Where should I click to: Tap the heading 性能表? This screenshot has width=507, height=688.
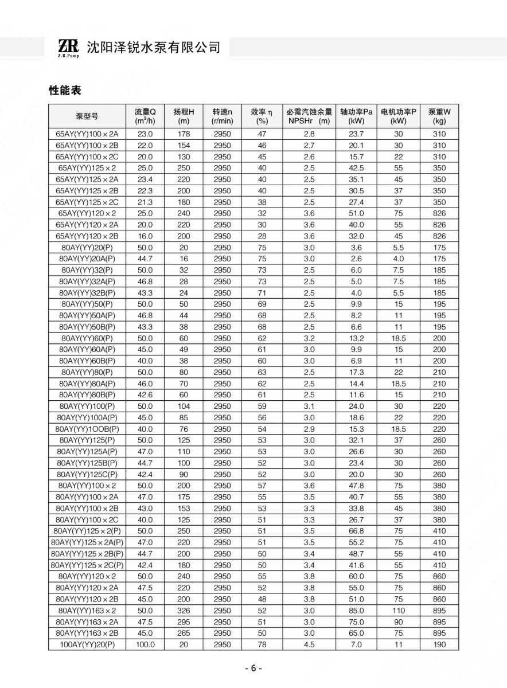[x=65, y=90]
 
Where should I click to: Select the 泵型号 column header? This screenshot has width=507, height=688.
[x=87, y=116]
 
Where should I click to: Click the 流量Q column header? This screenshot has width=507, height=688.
[x=145, y=116]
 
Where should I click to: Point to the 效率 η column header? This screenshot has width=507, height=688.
[x=262, y=116]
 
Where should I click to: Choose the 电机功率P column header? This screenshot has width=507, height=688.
[x=399, y=116]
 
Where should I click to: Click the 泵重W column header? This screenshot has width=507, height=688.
[x=439, y=116]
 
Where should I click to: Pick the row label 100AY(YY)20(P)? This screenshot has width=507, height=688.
[x=87, y=644]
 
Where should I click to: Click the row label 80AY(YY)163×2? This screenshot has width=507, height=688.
[x=87, y=611]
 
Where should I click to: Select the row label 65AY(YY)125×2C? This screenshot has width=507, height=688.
[x=87, y=202]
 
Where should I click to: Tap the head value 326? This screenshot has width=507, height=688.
[x=184, y=611]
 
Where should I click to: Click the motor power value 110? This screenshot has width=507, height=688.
[x=399, y=611]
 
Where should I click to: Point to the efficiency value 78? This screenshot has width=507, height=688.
[x=262, y=644]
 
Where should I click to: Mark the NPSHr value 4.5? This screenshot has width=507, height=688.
[x=309, y=644]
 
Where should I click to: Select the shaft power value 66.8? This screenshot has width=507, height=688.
[x=356, y=531]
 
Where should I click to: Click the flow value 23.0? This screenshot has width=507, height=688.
[x=145, y=134]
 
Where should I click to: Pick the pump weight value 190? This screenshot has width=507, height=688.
[x=439, y=644]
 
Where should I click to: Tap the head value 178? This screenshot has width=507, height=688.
[x=184, y=134]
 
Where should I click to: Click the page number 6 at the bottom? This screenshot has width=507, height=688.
[x=253, y=669]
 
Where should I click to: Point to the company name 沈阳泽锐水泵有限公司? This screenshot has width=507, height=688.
[x=153, y=48]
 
